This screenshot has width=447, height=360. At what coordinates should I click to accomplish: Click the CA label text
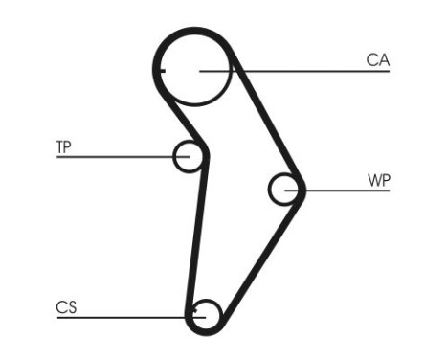tap(378, 59)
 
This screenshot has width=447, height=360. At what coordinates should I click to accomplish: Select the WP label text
tap(379, 179)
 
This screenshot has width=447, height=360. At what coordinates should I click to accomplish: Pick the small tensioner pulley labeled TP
tap(188, 156)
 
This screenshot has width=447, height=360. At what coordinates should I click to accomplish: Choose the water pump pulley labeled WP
tap(284, 190)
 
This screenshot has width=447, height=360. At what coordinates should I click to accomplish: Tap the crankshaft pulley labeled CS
tap(206, 313)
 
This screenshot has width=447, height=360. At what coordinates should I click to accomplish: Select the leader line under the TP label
tap(115, 156)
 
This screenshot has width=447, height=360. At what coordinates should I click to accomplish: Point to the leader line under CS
tap(124, 316)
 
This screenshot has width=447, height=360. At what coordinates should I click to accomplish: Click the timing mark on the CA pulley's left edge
tap(160, 70)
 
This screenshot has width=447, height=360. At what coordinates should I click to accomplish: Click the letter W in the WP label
tap(373, 179)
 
